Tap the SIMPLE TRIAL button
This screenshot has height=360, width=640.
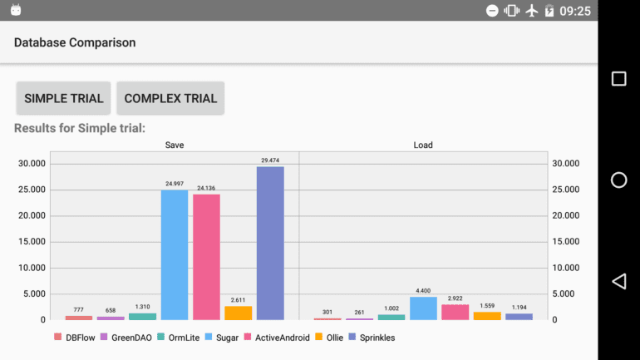64,98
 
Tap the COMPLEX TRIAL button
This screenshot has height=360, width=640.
170,98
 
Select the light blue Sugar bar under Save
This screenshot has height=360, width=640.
175,254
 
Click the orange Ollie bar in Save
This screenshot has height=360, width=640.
239,313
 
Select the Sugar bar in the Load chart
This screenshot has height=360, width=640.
423,308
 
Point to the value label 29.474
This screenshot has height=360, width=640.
270,160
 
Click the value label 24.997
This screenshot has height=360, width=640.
175,184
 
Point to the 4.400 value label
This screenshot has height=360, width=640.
423,290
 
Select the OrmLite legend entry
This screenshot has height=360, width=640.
177,338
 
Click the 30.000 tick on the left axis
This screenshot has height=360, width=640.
32,164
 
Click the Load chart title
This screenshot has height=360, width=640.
423,145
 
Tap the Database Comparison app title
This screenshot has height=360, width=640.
75,42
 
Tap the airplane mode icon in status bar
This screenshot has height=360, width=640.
532,11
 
